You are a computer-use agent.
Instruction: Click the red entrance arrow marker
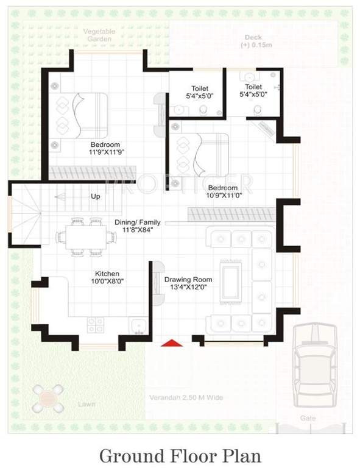click(x=172, y=343)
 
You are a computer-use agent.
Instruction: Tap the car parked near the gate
click(x=315, y=366)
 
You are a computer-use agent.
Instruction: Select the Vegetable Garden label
click(x=98, y=35)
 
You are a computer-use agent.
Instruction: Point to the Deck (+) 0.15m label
click(x=253, y=41)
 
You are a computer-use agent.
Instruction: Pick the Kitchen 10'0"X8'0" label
click(x=107, y=278)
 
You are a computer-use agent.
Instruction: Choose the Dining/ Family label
click(x=138, y=225)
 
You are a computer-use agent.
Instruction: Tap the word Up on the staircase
click(x=96, y=196)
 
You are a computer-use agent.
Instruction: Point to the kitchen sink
click(x=136, y=326)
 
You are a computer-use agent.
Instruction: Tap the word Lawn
click(x=86, y=404)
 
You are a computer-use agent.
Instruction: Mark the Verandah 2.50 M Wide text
click(x=186, y=398)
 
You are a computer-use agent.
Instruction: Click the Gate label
click(x=308, y=419)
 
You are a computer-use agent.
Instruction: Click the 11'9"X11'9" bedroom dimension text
click(x=101, y=152)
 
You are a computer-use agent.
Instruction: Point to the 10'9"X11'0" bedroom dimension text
click(x=225, y=195)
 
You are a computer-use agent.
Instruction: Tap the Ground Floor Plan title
click(x=180, y=455)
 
